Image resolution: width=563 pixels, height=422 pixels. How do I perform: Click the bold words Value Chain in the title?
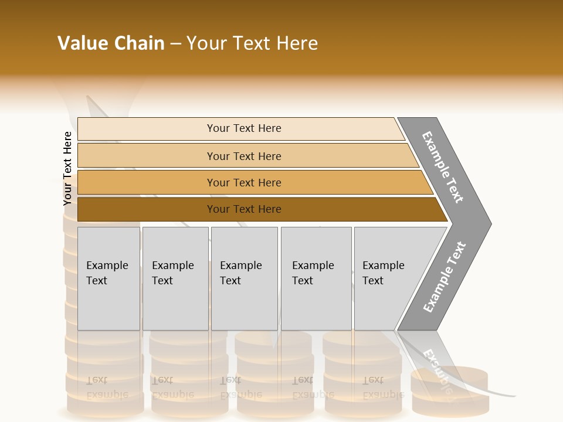[x=111, y=43]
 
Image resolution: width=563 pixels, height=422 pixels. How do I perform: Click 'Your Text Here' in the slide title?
[x=252, y=43]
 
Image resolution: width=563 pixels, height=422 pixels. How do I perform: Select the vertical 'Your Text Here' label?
[x=67, y=169]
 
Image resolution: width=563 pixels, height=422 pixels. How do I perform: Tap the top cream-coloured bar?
[x=147, y=129]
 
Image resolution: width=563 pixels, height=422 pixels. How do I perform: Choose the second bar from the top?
[x=147, y=156]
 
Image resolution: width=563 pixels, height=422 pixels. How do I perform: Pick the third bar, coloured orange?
[x=147, y=183]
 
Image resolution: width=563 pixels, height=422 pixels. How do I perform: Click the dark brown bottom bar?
[x=147, y=209]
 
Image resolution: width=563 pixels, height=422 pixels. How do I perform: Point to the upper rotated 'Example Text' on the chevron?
[x=443, y=167]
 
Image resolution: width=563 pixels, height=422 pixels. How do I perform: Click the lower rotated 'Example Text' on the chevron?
[x=444, y=277]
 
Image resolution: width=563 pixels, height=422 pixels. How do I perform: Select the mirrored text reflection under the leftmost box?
[x=107, y=387]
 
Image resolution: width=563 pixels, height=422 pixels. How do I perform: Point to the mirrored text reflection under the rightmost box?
[x=383, y=387]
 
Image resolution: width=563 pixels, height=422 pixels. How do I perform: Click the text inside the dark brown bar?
[x=244, y=209]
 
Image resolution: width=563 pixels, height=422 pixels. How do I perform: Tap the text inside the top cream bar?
[x=244, y=128]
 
